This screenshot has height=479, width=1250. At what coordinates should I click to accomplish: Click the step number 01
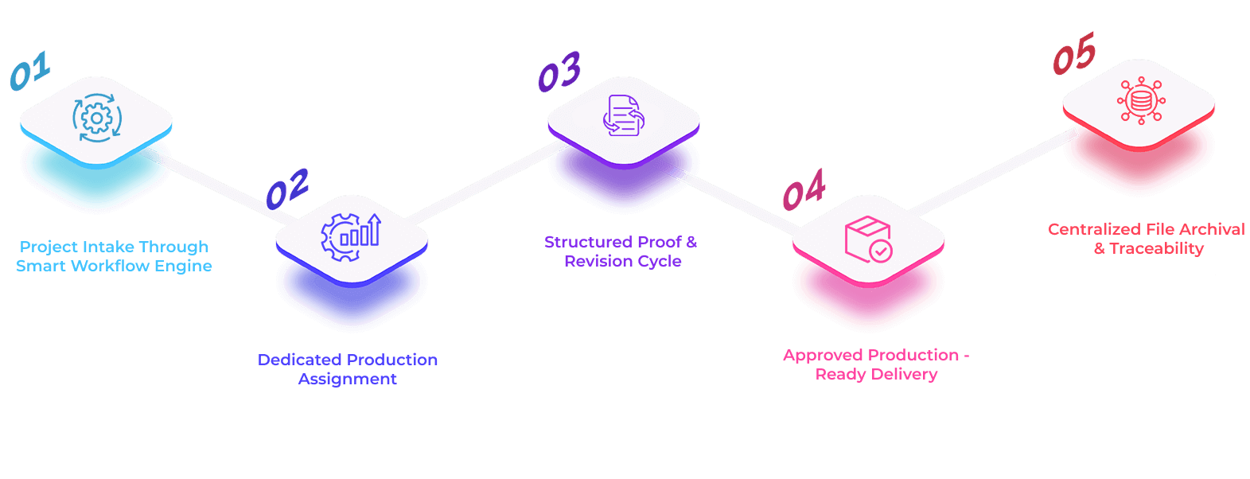tap(30, 71)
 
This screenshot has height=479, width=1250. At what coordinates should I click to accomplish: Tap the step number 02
tap(287, 189)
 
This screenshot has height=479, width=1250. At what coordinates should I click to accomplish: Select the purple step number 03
tap(559, 72)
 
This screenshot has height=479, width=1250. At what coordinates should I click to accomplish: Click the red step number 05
tap(1074, 54)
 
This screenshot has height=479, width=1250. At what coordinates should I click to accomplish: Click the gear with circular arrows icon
tap(96, 119)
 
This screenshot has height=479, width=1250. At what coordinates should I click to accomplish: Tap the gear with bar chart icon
tap(351, 237)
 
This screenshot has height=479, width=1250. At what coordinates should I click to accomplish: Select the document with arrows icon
tap(623, 117)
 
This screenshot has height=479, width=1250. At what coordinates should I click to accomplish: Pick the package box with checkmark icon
tap(868, 240)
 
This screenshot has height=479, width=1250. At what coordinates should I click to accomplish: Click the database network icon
tap(1140, 100)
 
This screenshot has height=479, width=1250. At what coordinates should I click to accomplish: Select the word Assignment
tap(348, 380)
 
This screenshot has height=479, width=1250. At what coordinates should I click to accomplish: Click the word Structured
tap(585, 242)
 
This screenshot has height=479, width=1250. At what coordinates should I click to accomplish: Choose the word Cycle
tap(660, 262)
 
